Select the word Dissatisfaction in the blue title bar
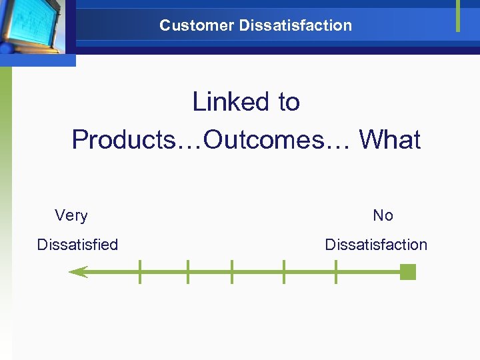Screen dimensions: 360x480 (x=295, y=25)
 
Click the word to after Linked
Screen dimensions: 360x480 (x=289, y=102)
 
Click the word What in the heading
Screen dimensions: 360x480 (x=390, y=140)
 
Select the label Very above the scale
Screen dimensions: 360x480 (x=71, y=215)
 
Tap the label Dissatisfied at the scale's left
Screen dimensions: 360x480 (x=77, y=245)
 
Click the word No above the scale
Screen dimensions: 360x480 (x=383, y=215)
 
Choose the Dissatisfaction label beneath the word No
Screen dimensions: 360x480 (x=376, y=245)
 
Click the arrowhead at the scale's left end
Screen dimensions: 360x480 (x=78, y=271)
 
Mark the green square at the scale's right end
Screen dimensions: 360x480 (x=408, y=271)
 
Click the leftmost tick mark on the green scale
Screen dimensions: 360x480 (x=140, y=271)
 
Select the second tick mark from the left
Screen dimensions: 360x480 (x=188, y=271)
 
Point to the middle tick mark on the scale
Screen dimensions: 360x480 (x=231, y=271)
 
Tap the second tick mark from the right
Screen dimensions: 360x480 (x=284, y=271)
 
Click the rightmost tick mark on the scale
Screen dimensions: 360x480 (x=335, y=271)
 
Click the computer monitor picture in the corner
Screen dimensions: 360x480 (x=33, y=27)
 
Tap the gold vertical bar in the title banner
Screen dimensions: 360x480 (x=458, y=15)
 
